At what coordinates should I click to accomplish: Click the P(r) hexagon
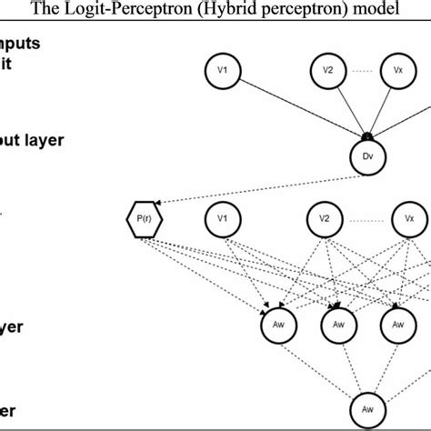pyautogui.click(x=140, y=219)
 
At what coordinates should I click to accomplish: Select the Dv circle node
pyautogui.click(x=368, y=155)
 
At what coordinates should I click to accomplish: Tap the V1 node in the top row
pyautogui.click(x=221, y=69)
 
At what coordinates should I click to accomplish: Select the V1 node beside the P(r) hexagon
pyautogui.click(x=221, y=219)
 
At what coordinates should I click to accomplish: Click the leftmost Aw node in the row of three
pyautogui.click(x=279, y=324)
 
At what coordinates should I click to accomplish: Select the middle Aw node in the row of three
pyautogui.click(x=338, y=324)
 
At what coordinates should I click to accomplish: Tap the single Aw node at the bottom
pyautogui.click(x=368, y=402)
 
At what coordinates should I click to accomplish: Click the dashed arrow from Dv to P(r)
pyautogui.click(x=255, y=186)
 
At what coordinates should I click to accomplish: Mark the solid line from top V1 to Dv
pyautogui.click(x=291, y=105)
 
